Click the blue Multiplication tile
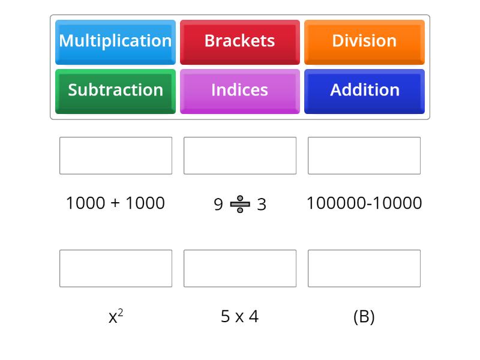tap(115, 42)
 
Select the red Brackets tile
tap(240, 42)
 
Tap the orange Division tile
tap(364, 42)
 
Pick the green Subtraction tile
tap(115, 92)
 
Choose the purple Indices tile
tap(240, 92)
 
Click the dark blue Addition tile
tap(364, 92)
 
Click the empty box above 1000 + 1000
tap(116, 155)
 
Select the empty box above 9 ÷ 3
tap(240, 155)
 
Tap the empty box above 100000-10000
tap(364, 155)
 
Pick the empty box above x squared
tap(116, 268)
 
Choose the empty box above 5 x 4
tap(240, 268)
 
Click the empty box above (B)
tap(364, 268)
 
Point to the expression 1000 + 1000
tap(115, 203)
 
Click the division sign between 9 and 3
tap(240, 204)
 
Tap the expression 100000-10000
tap(364, 203)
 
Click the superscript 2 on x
tap(121, 313)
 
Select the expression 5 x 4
tap(239, 317)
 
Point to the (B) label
tap(364, 317)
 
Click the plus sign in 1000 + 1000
tap(115, 203)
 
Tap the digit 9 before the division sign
tap(218, 205)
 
